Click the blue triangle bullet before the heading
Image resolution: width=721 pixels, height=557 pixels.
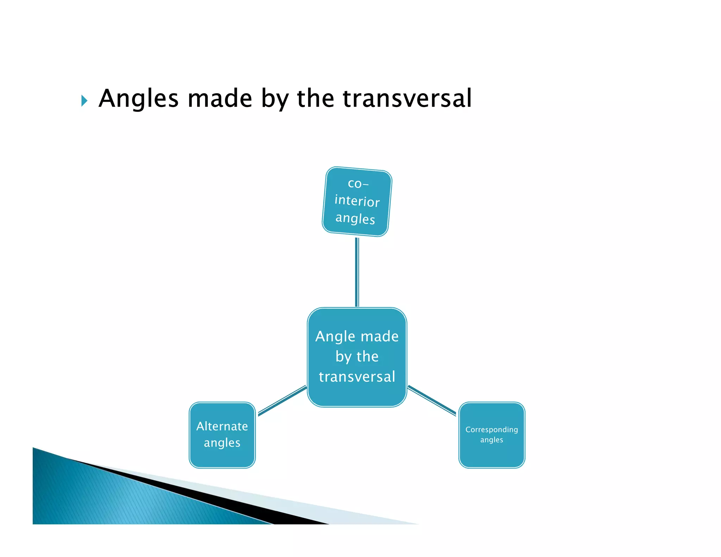point(84,101)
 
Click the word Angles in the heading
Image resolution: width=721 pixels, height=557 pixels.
point(138,99)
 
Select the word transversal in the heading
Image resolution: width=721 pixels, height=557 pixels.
point(407,99)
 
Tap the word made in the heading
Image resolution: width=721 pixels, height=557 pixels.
point(220,99)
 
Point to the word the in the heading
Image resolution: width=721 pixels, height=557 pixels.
point(315,99)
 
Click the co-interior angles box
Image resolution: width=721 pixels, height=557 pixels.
point(357,201)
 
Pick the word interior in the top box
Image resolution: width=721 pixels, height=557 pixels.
point(357,201)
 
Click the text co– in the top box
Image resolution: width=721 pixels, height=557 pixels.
point(358,183)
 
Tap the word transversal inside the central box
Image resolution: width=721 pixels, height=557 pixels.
point(357,377)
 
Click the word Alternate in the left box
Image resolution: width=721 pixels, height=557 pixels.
point(222,426)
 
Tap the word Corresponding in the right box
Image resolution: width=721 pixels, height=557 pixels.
point(491,430)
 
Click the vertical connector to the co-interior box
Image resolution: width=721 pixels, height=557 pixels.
point(357,272)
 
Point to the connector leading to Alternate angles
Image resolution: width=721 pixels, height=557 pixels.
point(282,401)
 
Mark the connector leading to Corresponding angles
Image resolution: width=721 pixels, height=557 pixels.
point(432,401)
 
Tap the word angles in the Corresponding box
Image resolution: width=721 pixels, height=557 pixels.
point(491,440)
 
